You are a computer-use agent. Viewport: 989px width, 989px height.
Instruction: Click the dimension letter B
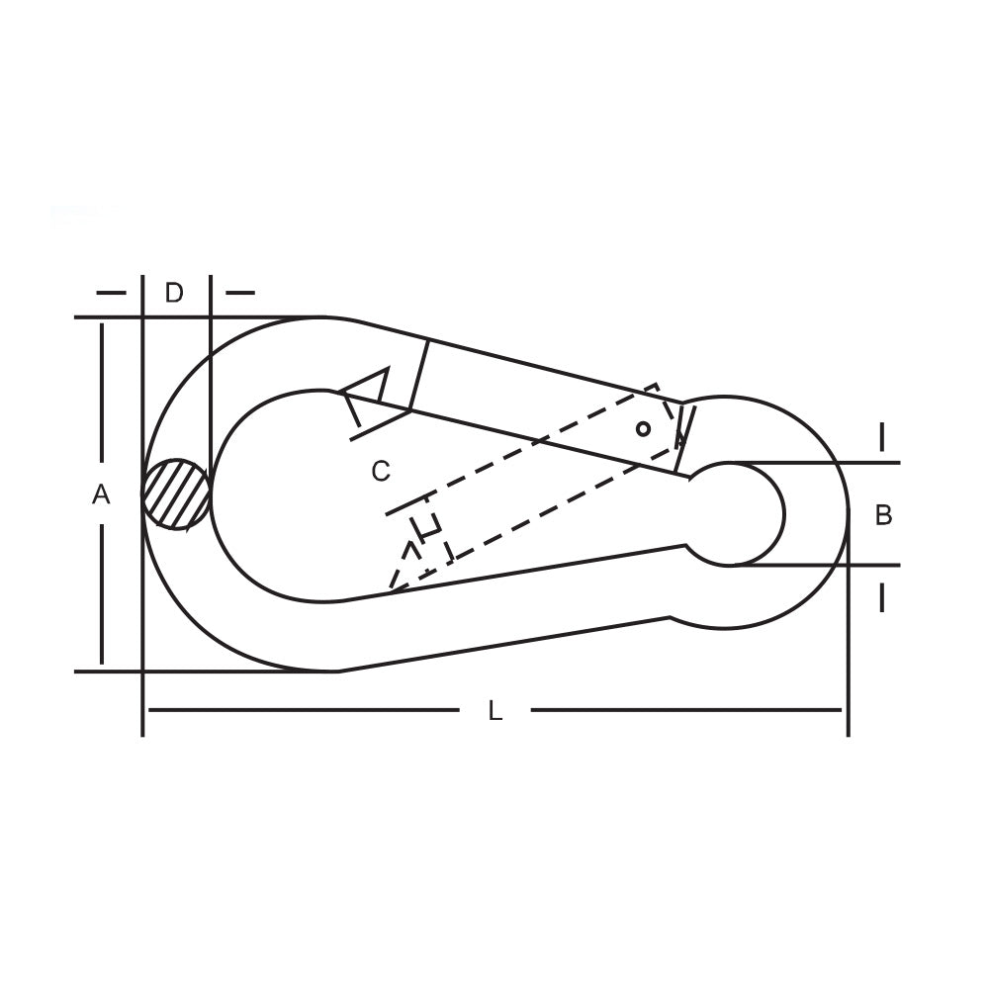click(883, 515)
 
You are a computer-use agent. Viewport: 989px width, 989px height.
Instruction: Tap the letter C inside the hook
click(381, 471)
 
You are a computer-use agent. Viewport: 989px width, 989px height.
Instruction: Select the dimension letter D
click(174, 293)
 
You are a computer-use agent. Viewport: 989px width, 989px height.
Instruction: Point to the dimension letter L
click(495, 711)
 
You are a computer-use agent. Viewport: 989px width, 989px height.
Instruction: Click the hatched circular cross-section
click(177, 494)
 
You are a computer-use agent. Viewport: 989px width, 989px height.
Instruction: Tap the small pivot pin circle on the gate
click(644, 429)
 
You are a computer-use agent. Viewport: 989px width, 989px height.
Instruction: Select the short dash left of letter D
click(112, 293)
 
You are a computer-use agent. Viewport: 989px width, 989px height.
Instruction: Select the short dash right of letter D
click(240, 293)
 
